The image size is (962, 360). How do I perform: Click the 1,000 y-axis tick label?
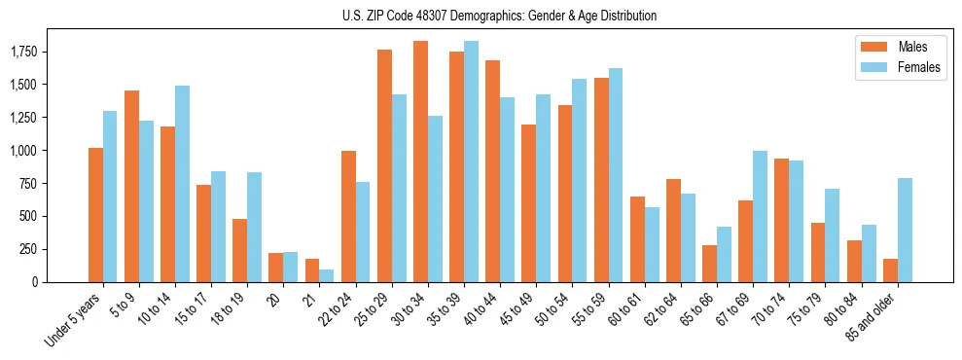coord(22,151)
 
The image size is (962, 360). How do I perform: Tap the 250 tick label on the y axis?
coord(28,249)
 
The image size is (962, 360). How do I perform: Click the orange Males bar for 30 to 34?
coord(420,162)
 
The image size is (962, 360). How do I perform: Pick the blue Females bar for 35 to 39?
coord(471,162)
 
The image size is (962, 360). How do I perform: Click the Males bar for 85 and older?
coord(890,270)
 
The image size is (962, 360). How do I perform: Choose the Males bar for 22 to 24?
coord(348,216)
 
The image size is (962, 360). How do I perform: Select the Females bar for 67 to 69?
coord(761,216)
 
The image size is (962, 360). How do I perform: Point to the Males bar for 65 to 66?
coord(709,264)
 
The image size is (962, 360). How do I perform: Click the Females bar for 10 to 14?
coord(182,184)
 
